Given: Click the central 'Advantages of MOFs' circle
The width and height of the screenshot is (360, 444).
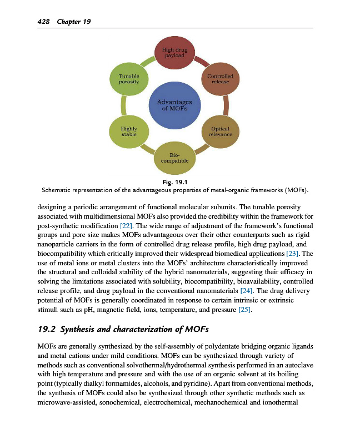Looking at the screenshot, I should tap(175, 104).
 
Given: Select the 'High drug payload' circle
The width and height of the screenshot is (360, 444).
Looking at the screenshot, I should tap(174, 53).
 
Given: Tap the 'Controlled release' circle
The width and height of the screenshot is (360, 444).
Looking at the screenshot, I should tap(220, 79).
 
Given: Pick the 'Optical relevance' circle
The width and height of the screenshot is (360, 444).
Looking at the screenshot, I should tap(220, 131).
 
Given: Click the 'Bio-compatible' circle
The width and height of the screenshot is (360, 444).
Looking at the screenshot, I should tap(175, 158).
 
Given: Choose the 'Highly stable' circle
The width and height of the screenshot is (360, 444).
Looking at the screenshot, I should tap(129, 131).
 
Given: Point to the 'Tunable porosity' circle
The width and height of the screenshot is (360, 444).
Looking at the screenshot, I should tap(129, 79).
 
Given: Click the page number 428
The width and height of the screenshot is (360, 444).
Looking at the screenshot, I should tap(43, 22).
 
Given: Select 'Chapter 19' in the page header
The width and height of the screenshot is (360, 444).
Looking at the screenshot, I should tap(73, 22).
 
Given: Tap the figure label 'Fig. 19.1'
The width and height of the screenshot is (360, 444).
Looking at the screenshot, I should tap(175, 182).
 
